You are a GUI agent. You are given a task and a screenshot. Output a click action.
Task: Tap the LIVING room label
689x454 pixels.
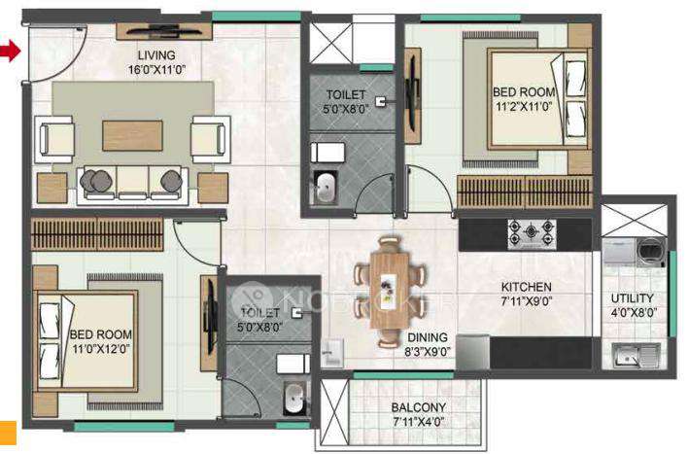tap(155, 55)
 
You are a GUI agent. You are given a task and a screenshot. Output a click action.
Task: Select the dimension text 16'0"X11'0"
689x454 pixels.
tap(155, 70)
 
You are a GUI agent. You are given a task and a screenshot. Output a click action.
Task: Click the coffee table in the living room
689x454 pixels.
tap(132, 134)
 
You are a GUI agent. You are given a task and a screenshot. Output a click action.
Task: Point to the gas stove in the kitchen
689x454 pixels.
tap(531, 233)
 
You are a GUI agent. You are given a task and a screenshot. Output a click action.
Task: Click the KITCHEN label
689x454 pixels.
tap(526, 287)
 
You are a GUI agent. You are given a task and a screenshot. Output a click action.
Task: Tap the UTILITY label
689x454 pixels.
tap(632, 298)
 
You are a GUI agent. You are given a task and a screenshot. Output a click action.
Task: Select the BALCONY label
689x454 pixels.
tap(418, 407)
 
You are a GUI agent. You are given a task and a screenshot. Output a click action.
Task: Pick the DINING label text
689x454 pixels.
tap(427, 337)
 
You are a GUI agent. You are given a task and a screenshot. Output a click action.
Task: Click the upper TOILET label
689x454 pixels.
tap(345, 94)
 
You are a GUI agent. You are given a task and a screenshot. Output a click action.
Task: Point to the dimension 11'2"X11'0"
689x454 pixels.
tap(525, 107)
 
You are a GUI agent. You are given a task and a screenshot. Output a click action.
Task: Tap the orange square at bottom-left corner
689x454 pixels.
tap(7, 434)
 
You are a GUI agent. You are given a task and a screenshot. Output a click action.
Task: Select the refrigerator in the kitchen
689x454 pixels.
tap(472, 352)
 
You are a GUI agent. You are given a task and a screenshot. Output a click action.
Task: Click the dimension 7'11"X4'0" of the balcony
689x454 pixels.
tap(418, 422)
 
